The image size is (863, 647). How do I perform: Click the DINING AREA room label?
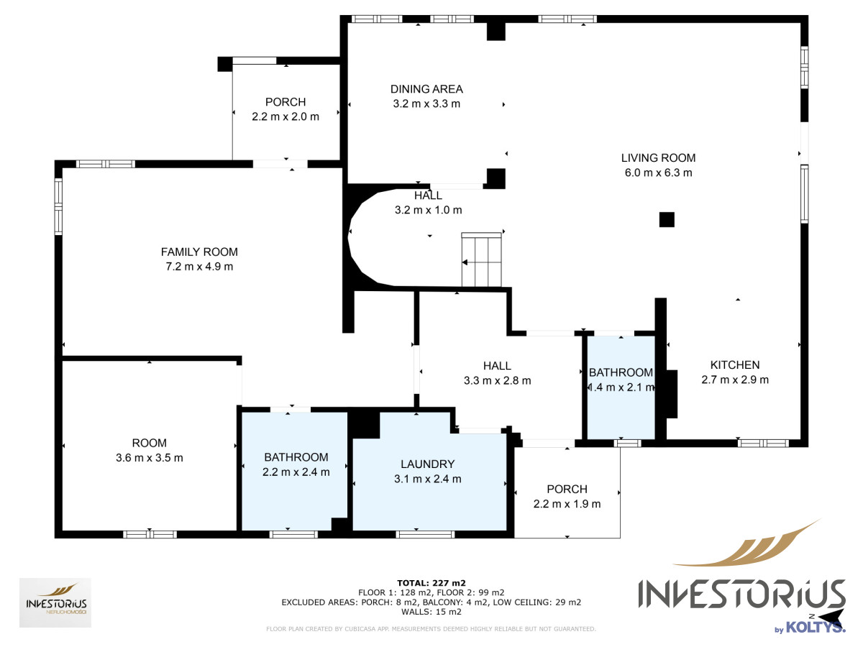[x=426, y=89]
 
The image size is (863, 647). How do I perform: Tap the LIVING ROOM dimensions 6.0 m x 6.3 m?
[x=658, y=173]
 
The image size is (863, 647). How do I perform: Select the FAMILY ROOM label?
[x=199, y=252]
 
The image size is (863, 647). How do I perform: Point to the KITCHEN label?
[x=735, y=365]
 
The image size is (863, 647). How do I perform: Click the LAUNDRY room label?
[x=427, y=464]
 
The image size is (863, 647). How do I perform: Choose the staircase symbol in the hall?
[x=481, y=260]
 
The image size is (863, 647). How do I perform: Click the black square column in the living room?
[x=667, y=219]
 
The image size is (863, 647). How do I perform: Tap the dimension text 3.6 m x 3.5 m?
[x=150, y=458]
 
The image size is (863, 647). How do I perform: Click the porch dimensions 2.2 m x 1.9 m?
[x=567, y=504]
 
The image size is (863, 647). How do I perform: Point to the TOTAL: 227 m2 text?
[x=431, y=583]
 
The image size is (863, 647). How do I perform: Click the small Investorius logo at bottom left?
[x=55, y=602]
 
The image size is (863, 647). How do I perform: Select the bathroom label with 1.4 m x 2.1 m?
[x=621, y=380]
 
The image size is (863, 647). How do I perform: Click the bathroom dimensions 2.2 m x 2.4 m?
[x=296, y=472]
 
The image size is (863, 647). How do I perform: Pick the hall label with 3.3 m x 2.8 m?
[x=498, y=373]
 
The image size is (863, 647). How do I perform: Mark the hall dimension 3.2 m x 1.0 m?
[x=428, y=210]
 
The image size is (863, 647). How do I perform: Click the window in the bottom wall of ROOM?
[x=150, y=534]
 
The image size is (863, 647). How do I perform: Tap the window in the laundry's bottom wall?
[x=425, y=534]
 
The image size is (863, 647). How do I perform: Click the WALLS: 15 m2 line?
[x=431, y=612]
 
